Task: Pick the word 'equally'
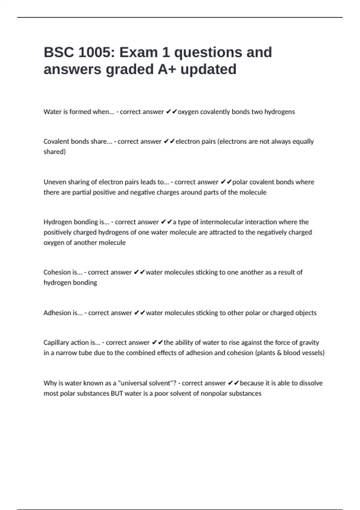point(302,142)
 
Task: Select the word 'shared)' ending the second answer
point(55,152)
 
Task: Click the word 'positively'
point(57,232)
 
